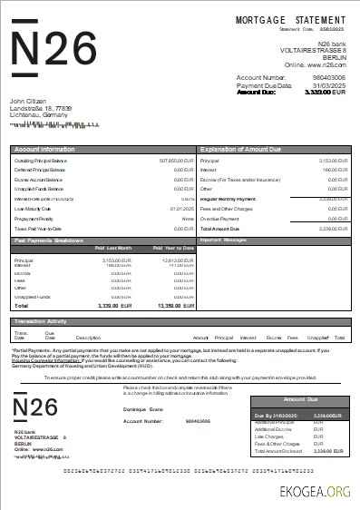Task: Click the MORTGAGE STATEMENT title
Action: point(290,19)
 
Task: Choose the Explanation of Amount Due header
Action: point(242,147)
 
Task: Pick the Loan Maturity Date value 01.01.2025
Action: point(182,209)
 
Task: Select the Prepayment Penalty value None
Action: point(188,219)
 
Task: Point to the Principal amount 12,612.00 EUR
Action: point(177,260)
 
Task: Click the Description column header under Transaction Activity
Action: point(89,338)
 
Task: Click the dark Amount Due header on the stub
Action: point(300,398)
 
